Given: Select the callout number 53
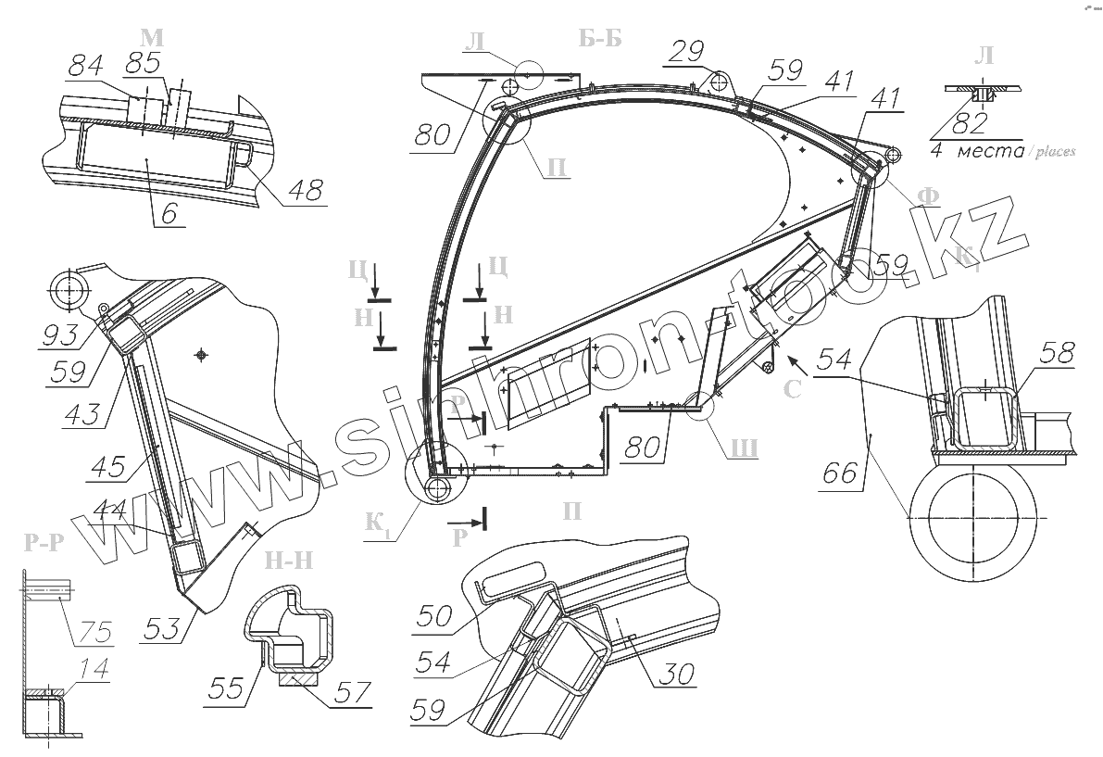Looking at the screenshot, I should point(164,630).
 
